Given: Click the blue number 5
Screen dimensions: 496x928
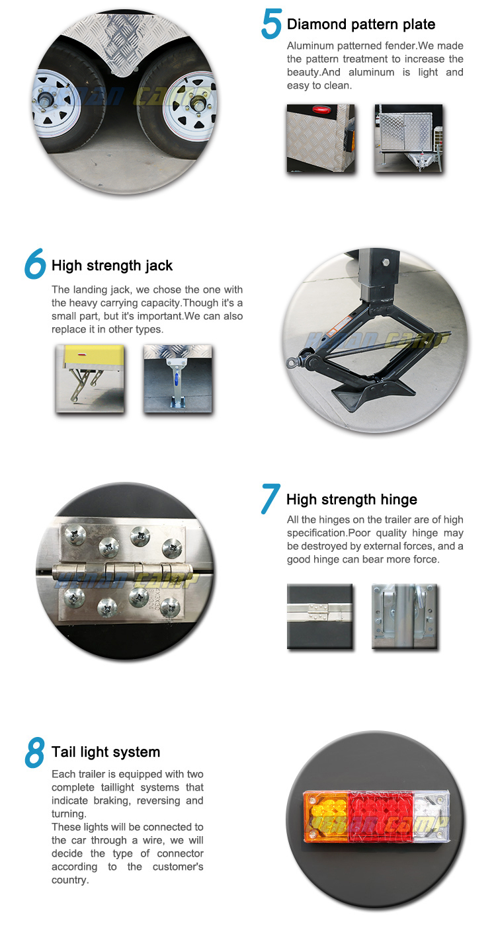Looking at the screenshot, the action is point(272,24).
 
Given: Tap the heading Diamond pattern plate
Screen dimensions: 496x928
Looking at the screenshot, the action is point(361,24).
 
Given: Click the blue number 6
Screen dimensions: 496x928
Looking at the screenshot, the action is point(35,264).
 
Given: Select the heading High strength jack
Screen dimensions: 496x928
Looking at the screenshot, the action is point(112,266).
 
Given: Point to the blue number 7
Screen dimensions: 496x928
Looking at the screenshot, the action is point(270,499).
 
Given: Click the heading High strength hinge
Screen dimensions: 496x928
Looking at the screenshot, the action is point(352,500).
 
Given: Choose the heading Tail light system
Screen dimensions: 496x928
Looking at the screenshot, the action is point(106,752).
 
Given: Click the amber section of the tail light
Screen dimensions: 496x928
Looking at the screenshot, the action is point(326,817).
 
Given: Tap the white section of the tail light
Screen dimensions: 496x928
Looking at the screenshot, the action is point(431,816).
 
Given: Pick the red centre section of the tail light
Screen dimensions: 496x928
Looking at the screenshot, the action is point(381,816).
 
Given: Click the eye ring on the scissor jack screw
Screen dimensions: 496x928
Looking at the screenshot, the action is point(292,363).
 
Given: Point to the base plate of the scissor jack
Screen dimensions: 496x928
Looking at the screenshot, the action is point(372,393).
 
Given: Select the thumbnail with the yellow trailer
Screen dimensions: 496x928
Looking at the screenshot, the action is point(90,379).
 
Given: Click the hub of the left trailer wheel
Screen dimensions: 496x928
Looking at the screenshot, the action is point(44,100).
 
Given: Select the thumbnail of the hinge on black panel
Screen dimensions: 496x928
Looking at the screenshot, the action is point(319,615).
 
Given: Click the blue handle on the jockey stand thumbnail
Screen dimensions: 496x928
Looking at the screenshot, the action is point(176,379).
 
